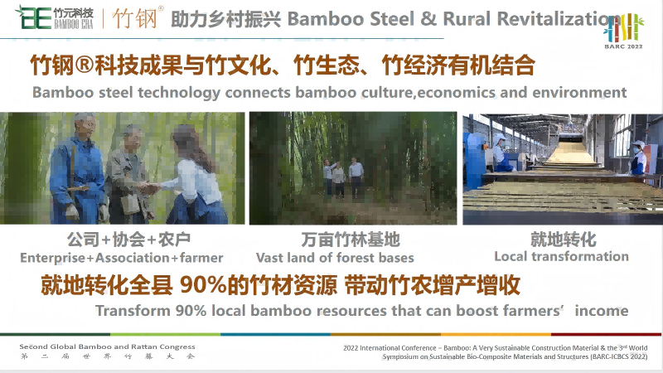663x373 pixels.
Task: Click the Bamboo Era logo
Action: click(54, 17)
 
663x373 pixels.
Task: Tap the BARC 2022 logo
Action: click(624, 31)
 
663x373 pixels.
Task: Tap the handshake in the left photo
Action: click(149, 187)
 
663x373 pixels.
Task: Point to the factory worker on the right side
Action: click(638, 157)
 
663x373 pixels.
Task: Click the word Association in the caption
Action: click(133, 258)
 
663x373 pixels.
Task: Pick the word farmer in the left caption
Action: click(201, 258)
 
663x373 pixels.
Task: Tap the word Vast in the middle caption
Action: click(269, 258)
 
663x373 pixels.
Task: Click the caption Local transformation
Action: click(562, 256)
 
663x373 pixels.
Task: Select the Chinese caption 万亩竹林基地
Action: click(351, 240)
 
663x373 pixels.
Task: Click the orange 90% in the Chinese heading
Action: click(203, 285)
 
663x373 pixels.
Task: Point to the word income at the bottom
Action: click(602, 310)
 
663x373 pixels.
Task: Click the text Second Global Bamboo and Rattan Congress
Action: click(107, 346)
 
